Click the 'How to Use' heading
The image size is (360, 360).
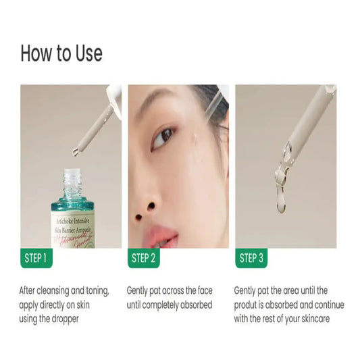pos(61,53)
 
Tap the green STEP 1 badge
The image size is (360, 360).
pos(35,258)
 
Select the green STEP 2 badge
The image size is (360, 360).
pos(143,258)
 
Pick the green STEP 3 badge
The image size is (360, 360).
pos(250,258)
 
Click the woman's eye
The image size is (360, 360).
pos(163,137)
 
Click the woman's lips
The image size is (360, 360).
pos(160,236)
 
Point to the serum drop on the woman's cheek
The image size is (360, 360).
pos(194,140)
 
